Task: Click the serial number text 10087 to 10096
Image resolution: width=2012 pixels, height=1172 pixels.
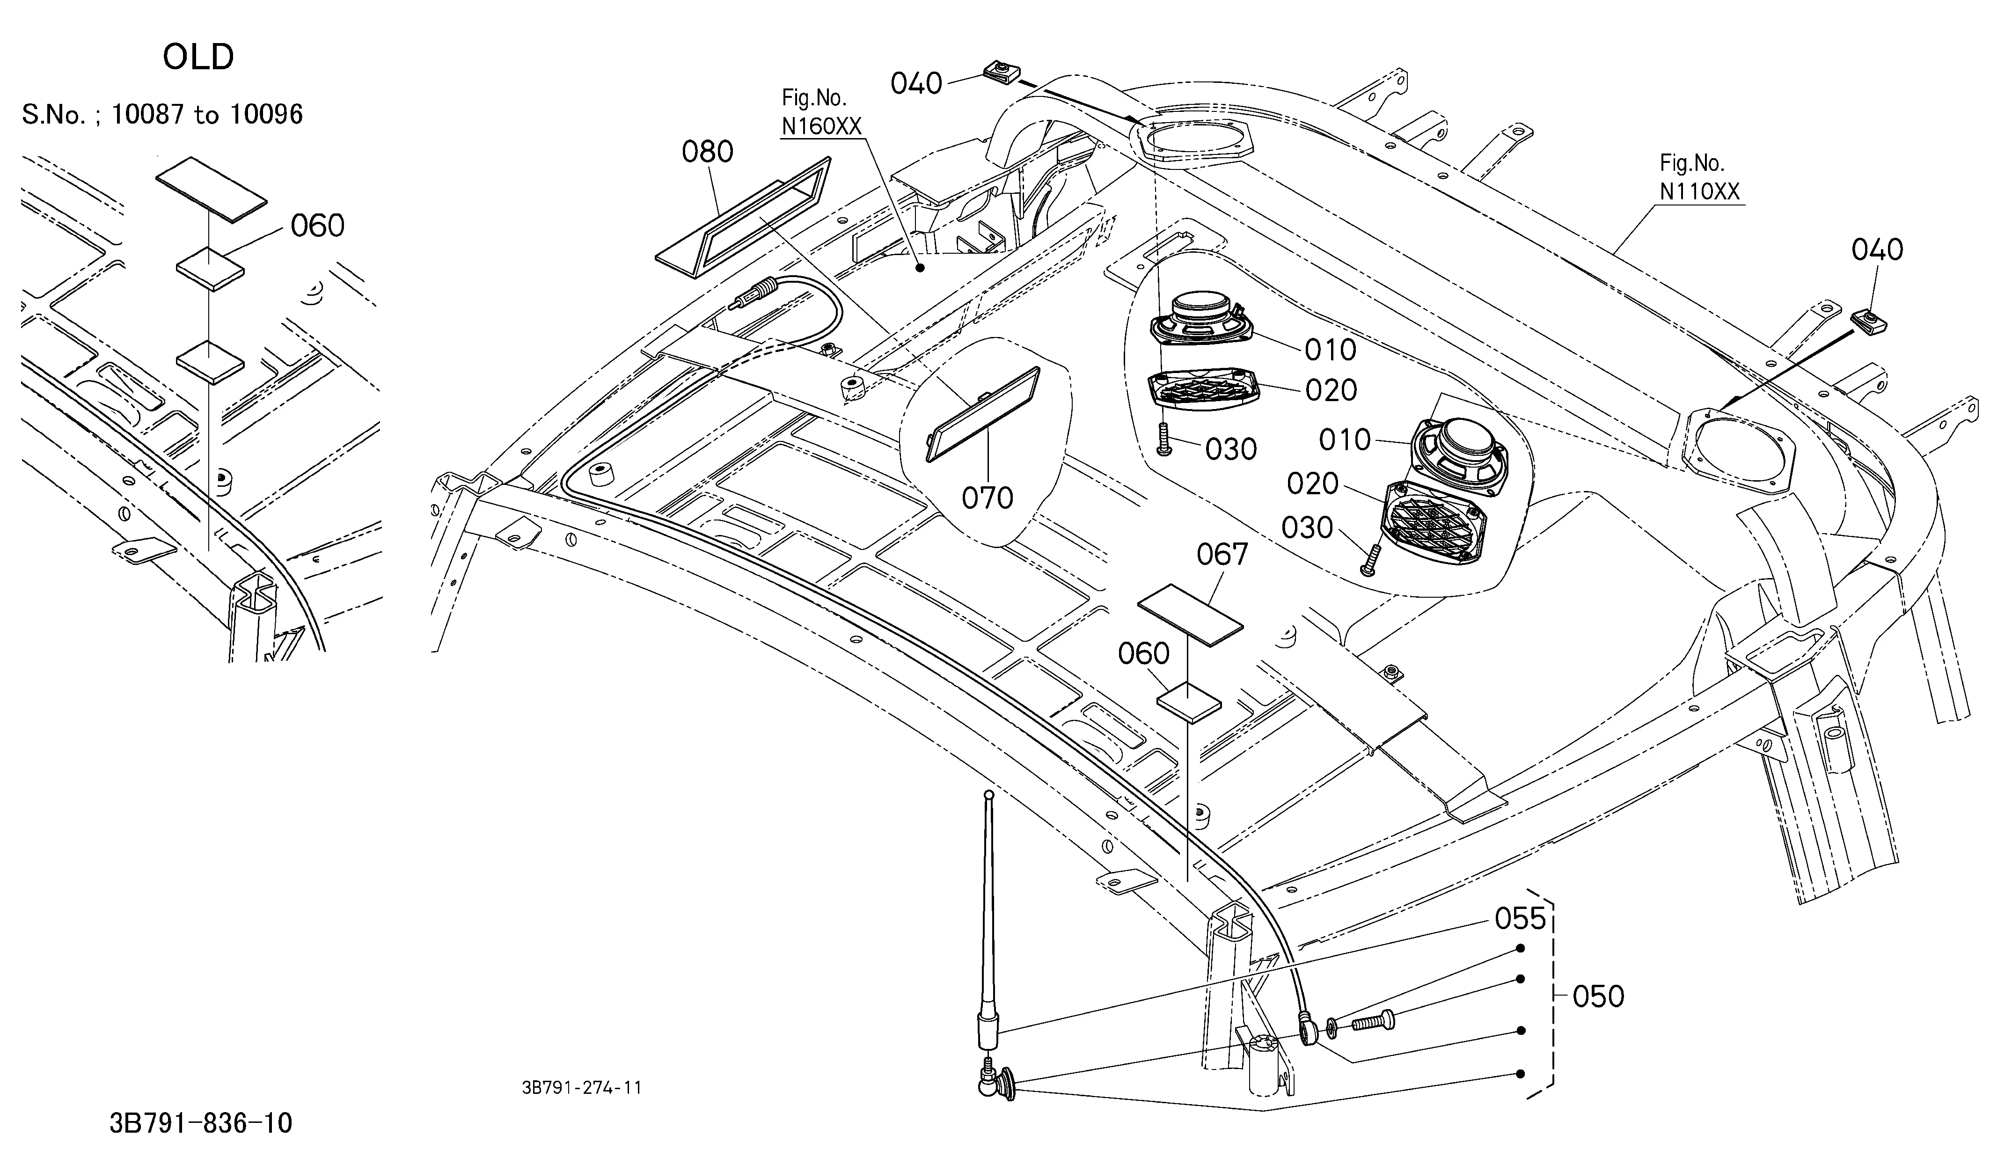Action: pyautogui.click(x=207, y=115)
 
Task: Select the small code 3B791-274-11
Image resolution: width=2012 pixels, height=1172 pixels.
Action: pyautogui.click(x=582, y=1087)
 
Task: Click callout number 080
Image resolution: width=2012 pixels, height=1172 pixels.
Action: pyautogui.click(x=707, y=152)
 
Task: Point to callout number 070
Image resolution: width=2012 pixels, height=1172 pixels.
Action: pyautogui.click(x=988, y=498)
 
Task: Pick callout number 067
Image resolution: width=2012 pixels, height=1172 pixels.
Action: pyautogui.click(x=1222, y=554)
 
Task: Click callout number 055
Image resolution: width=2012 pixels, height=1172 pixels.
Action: pyautogui.click(x=1521, y=919)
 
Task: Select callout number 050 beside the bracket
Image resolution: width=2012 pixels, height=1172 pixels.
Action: pyautogui.click(x=1598, y=996)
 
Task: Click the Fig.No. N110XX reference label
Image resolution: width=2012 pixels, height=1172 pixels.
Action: pyautogui.click(x=1699, y=177)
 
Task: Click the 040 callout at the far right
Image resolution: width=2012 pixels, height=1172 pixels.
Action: pyautogui.click(x=1877, y=250)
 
